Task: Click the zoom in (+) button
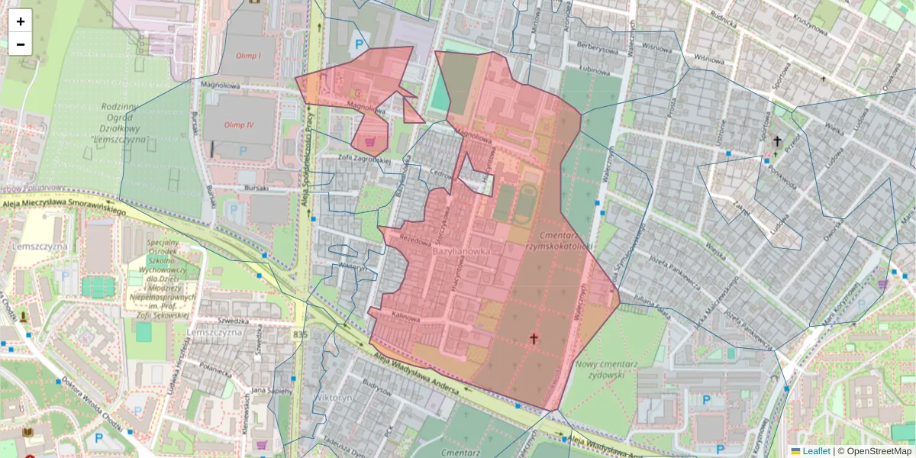(x=21, y=21)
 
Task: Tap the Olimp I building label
(x=248, y=56)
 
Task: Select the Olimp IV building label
(x=239, y=124)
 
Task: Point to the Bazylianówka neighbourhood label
(x=460, y=250)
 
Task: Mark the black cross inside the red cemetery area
(x=534, y=337)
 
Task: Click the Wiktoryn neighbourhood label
(x=333, y=398)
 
